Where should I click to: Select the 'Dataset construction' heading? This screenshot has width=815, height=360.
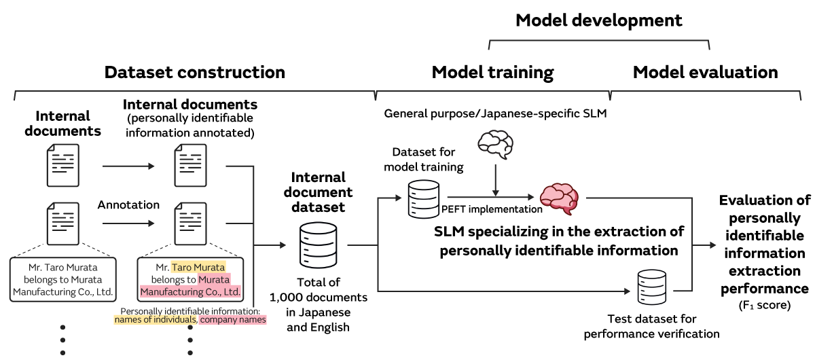coord(194,72)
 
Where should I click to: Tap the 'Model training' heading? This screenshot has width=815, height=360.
coord(492,72)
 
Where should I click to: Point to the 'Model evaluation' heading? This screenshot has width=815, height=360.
coord(705,72)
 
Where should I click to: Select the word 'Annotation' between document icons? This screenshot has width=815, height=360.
coord(128,204)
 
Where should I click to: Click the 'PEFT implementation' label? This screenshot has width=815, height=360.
coord(492,209)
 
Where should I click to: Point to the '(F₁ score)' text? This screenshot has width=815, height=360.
coord(764,306)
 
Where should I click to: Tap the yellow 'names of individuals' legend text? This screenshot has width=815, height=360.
coord(156,319)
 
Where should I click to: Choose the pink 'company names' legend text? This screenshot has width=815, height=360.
coord(232,319)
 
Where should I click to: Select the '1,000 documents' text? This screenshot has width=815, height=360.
coord(318,298)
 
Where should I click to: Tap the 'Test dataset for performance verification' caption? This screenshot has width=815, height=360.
coord(651,326)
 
